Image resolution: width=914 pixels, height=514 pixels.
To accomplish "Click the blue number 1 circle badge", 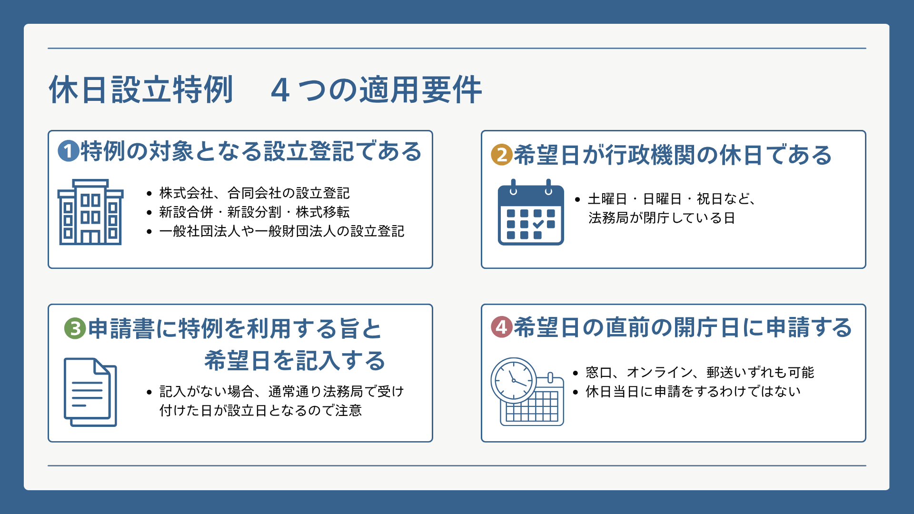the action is (x=69, y=151).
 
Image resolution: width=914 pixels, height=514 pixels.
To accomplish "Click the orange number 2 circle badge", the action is (x=502, y=155).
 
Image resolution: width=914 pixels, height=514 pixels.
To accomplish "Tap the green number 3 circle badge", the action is (x=75, y=328).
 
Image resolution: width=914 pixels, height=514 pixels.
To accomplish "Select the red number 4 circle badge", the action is (x=502, y=327).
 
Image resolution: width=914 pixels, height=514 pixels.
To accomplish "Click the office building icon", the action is (x=90, y=212).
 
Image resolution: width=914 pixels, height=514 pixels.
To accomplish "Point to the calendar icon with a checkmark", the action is (x=531, y=212).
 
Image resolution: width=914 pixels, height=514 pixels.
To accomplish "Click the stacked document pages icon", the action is (x=90, y=392).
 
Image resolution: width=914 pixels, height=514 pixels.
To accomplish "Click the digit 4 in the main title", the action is (x=280, y=90).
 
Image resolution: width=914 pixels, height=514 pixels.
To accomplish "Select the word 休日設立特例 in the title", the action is (x=141, y=89).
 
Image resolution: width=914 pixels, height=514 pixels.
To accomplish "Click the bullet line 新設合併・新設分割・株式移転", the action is (x=254, y=212).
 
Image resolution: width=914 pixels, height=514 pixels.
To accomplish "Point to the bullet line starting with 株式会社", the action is (x=254, y=193).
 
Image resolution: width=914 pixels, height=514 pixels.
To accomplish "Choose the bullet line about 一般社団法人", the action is (x=282, y=231).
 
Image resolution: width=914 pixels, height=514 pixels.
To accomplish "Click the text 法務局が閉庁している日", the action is (x=662, y=218).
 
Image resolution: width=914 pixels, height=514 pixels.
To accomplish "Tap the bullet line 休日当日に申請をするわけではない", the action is (x=693, y=391).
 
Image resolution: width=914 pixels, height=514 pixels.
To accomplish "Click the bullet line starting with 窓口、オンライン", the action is (x=700, y=372).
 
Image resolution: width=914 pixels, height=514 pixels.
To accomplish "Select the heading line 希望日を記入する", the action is (x=295, y=360).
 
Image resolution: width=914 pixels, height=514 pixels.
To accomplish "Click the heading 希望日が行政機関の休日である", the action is (x=673, y=155).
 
